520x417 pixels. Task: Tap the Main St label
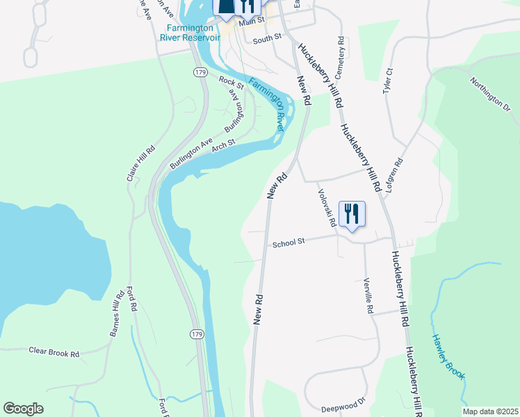(x=252, y=22)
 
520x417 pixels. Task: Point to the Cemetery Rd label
(x=341, y=58)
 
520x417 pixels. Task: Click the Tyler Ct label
(x=389, y=81)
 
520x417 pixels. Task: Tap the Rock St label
(x=231, y=83)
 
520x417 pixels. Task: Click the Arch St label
(x=224, y=145)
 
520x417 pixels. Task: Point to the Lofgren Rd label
(x=395, y=174)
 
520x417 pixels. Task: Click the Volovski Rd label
(x=327, y=208)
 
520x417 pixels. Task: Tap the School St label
(x=289, y=243)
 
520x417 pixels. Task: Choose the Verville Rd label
(x=368, y=296)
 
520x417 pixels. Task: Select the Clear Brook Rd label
(x=54, y=353)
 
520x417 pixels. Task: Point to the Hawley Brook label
(x=447, y=357)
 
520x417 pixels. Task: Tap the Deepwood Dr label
(x=343, y=404)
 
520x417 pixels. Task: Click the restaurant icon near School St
(x=352, y=213)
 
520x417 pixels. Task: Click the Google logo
(x=24, y=409)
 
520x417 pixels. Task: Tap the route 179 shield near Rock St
(x=200, y=72)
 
